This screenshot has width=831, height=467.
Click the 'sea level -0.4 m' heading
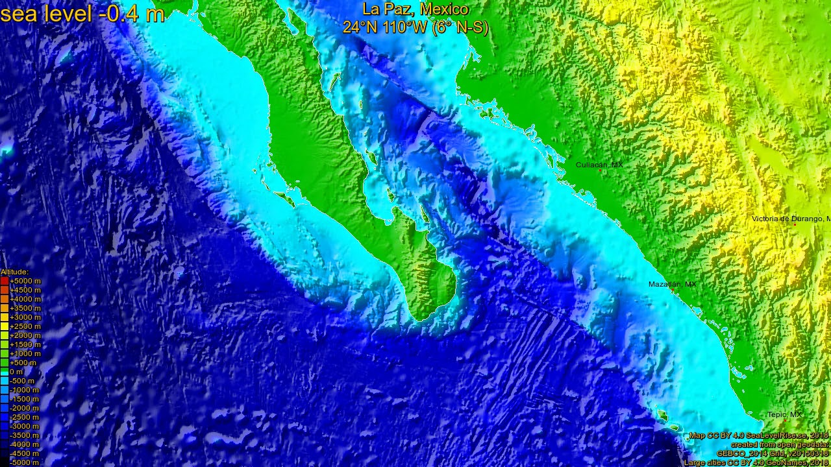[x=82, y=13]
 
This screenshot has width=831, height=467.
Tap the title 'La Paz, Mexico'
[x=415, y=9]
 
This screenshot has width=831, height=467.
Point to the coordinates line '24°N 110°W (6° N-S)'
[x=415, y=27]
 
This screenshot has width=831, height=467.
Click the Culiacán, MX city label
[x=599, y=165]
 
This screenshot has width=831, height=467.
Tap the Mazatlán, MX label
[x=672, y=284]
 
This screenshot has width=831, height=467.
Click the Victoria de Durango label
[x=789, y=219]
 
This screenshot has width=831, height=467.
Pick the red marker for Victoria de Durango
[x=795, y=224]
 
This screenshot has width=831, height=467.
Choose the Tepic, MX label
[x=784, y=414]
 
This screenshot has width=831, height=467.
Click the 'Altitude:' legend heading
[x=14, y=272]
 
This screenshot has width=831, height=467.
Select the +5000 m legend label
[x=25, y=281]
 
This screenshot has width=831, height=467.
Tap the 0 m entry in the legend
[x=16, y=372]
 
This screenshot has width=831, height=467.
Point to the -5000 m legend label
[x=25, y=462]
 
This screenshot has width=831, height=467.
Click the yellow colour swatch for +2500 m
[x=4, y=326]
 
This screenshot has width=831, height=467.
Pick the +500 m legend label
[x=23, y=363]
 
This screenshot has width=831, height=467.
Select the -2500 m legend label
[x=25, y=417]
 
